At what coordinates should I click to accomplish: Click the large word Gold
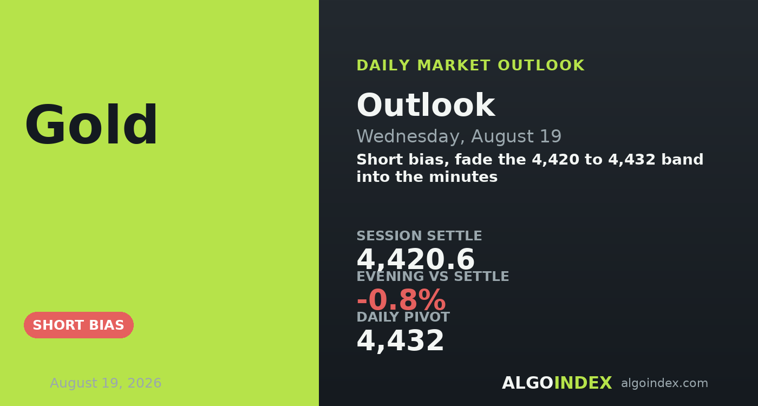[91, 125]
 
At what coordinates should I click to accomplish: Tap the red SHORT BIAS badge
[79, 325]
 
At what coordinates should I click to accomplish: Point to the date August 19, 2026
[106, 383]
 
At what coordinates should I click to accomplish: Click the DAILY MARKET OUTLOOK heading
[471, 66]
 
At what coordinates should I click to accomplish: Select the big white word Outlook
[426, 105]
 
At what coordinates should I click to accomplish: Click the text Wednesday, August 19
[459, 136]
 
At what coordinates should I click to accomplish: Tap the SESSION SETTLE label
[419, 235]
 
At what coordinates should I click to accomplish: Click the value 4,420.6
[416, 259]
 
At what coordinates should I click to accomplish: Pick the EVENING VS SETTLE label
[433, 276]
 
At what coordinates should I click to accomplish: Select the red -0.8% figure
[401, 300]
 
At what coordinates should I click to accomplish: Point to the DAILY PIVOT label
[403, 317]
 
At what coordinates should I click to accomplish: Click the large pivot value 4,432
[400, 340]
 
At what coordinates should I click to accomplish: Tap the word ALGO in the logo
[527, 383]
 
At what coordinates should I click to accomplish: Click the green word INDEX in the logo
[583, 383]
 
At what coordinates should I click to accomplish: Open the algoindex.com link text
[665, 383]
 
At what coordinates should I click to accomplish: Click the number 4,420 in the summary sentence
[556, 160]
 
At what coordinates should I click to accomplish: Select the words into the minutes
[427, 177]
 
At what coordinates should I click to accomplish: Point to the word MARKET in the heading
[454, 66]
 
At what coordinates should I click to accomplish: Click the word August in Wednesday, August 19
[502, 136]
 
